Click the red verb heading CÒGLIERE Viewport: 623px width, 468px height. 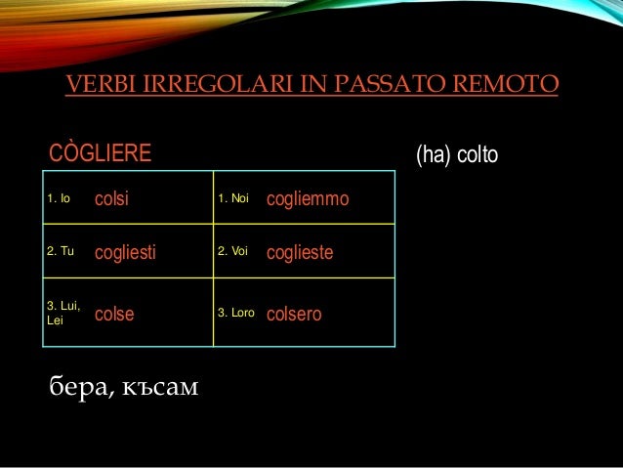(101, 153)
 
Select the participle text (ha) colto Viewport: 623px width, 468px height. (457, 154)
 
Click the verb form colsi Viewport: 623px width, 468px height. (112, 199)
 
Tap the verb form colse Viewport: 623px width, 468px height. (114, 315)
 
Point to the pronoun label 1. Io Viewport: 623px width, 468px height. (59, 199)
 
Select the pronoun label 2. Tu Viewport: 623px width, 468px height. (61, 253)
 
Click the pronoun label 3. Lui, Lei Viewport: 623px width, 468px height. (62, 314)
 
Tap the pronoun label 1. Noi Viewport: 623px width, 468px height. (234, 199)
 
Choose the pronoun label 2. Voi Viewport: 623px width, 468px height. (234, 253)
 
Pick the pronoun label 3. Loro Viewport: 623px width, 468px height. (236, 314)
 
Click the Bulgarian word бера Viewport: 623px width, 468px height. (76, 389)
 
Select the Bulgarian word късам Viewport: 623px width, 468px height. (156, 389)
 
